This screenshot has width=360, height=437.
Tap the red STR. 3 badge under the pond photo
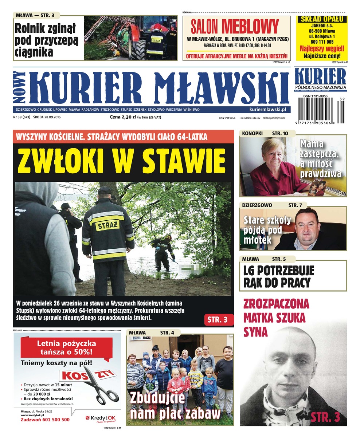[217, 320]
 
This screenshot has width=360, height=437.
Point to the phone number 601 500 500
[54, 420]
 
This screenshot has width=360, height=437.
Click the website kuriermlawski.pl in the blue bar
[267, 109]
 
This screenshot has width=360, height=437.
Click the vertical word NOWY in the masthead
[20, 87]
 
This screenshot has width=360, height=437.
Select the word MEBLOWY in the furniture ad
[250, 27]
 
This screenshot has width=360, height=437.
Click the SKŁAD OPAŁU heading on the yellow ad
[321, 19]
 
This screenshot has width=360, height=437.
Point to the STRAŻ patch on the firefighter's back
[107, 225]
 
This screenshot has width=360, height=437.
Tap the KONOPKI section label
[252, 133]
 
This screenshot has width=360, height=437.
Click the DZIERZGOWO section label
[257, 205]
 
